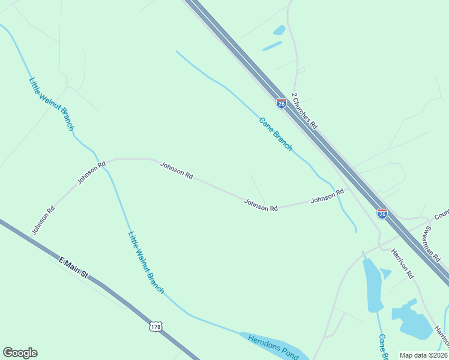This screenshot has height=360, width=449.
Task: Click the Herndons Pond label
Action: [x=274, y=346]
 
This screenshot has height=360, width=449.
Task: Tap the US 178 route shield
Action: [x=156, y=326]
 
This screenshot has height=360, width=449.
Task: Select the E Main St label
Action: [x=73, y=268]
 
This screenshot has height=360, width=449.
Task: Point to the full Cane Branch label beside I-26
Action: [x=276, y=133]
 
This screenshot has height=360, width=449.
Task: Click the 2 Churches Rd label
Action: [x=304, y=111]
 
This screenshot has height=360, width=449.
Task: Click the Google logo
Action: [x=20, y=353]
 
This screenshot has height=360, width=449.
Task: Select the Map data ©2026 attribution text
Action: [x=423, y=355]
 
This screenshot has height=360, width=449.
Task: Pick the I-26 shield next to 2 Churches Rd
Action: [x=281, y=103]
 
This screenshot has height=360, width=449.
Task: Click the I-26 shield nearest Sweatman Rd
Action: [x=382, y=213]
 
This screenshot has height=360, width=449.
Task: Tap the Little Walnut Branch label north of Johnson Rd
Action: [x=51, y=104]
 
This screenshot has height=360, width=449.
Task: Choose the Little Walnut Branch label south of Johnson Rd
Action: [x=146, y=262]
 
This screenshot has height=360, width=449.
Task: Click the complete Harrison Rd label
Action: [x=403, y=263]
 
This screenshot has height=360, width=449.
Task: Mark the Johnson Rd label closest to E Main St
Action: [x=43, y=220]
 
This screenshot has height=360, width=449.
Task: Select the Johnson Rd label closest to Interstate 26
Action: [x=327, y=196]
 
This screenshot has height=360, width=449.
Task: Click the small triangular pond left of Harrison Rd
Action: [x=385, y=274]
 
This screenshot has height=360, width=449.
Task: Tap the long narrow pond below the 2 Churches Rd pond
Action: [x=272, y=46]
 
